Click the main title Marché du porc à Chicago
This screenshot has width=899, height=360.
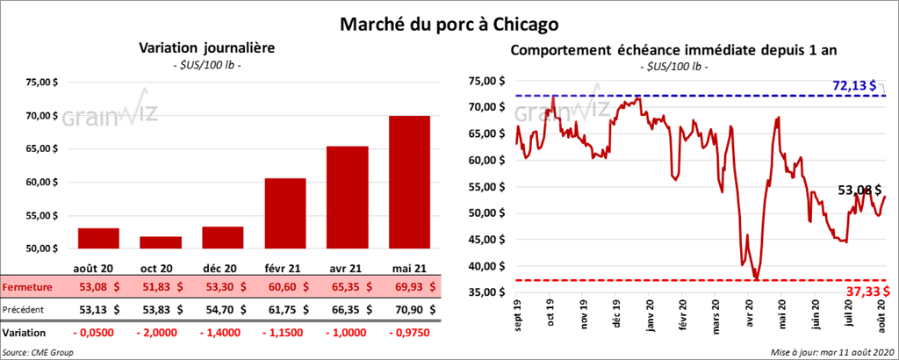point(449,20)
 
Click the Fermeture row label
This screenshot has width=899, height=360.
point(26,287)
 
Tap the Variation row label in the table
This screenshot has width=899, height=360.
point(25,333)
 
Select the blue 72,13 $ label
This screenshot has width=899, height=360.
point(853,85)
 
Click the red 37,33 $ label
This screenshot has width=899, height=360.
point(865,292)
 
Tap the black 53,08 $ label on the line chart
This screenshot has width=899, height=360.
point(859,189)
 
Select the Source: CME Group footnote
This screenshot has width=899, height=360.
point(39,352)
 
